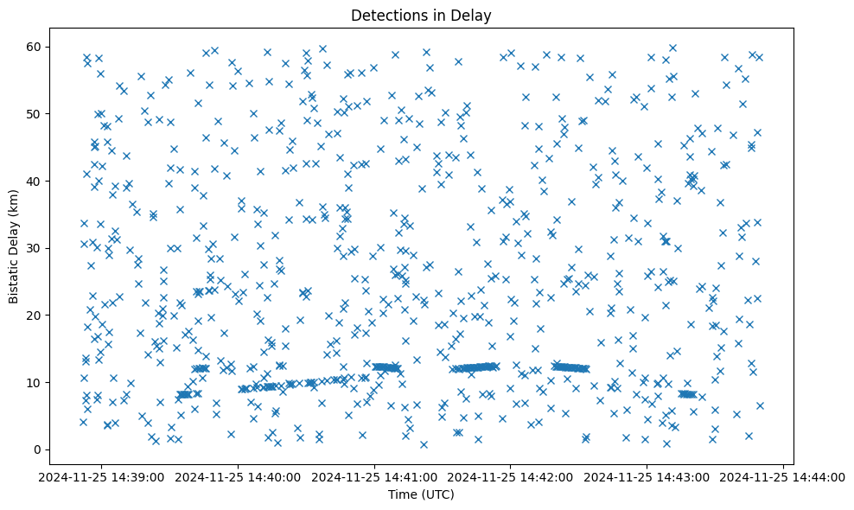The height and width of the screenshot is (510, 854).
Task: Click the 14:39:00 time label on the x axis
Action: [x=103, y=476]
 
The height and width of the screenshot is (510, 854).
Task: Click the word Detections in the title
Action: [x=385, y=15]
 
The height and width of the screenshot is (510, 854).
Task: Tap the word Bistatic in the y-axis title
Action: [x=15, y=279]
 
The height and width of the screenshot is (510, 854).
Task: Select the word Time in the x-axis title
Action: [x=400, y=494]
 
